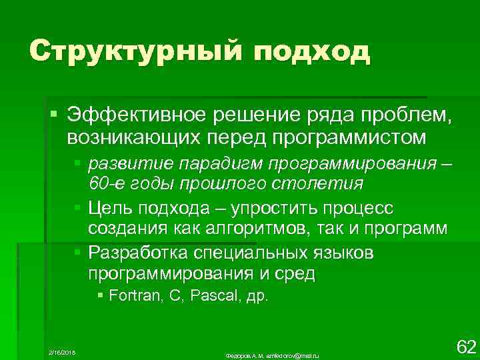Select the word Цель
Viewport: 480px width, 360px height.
coord(108,208)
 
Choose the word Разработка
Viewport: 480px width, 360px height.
coord(137,253)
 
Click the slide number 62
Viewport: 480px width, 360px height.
coord(465,346)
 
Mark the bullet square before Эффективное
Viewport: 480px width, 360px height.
coord(53,117)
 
